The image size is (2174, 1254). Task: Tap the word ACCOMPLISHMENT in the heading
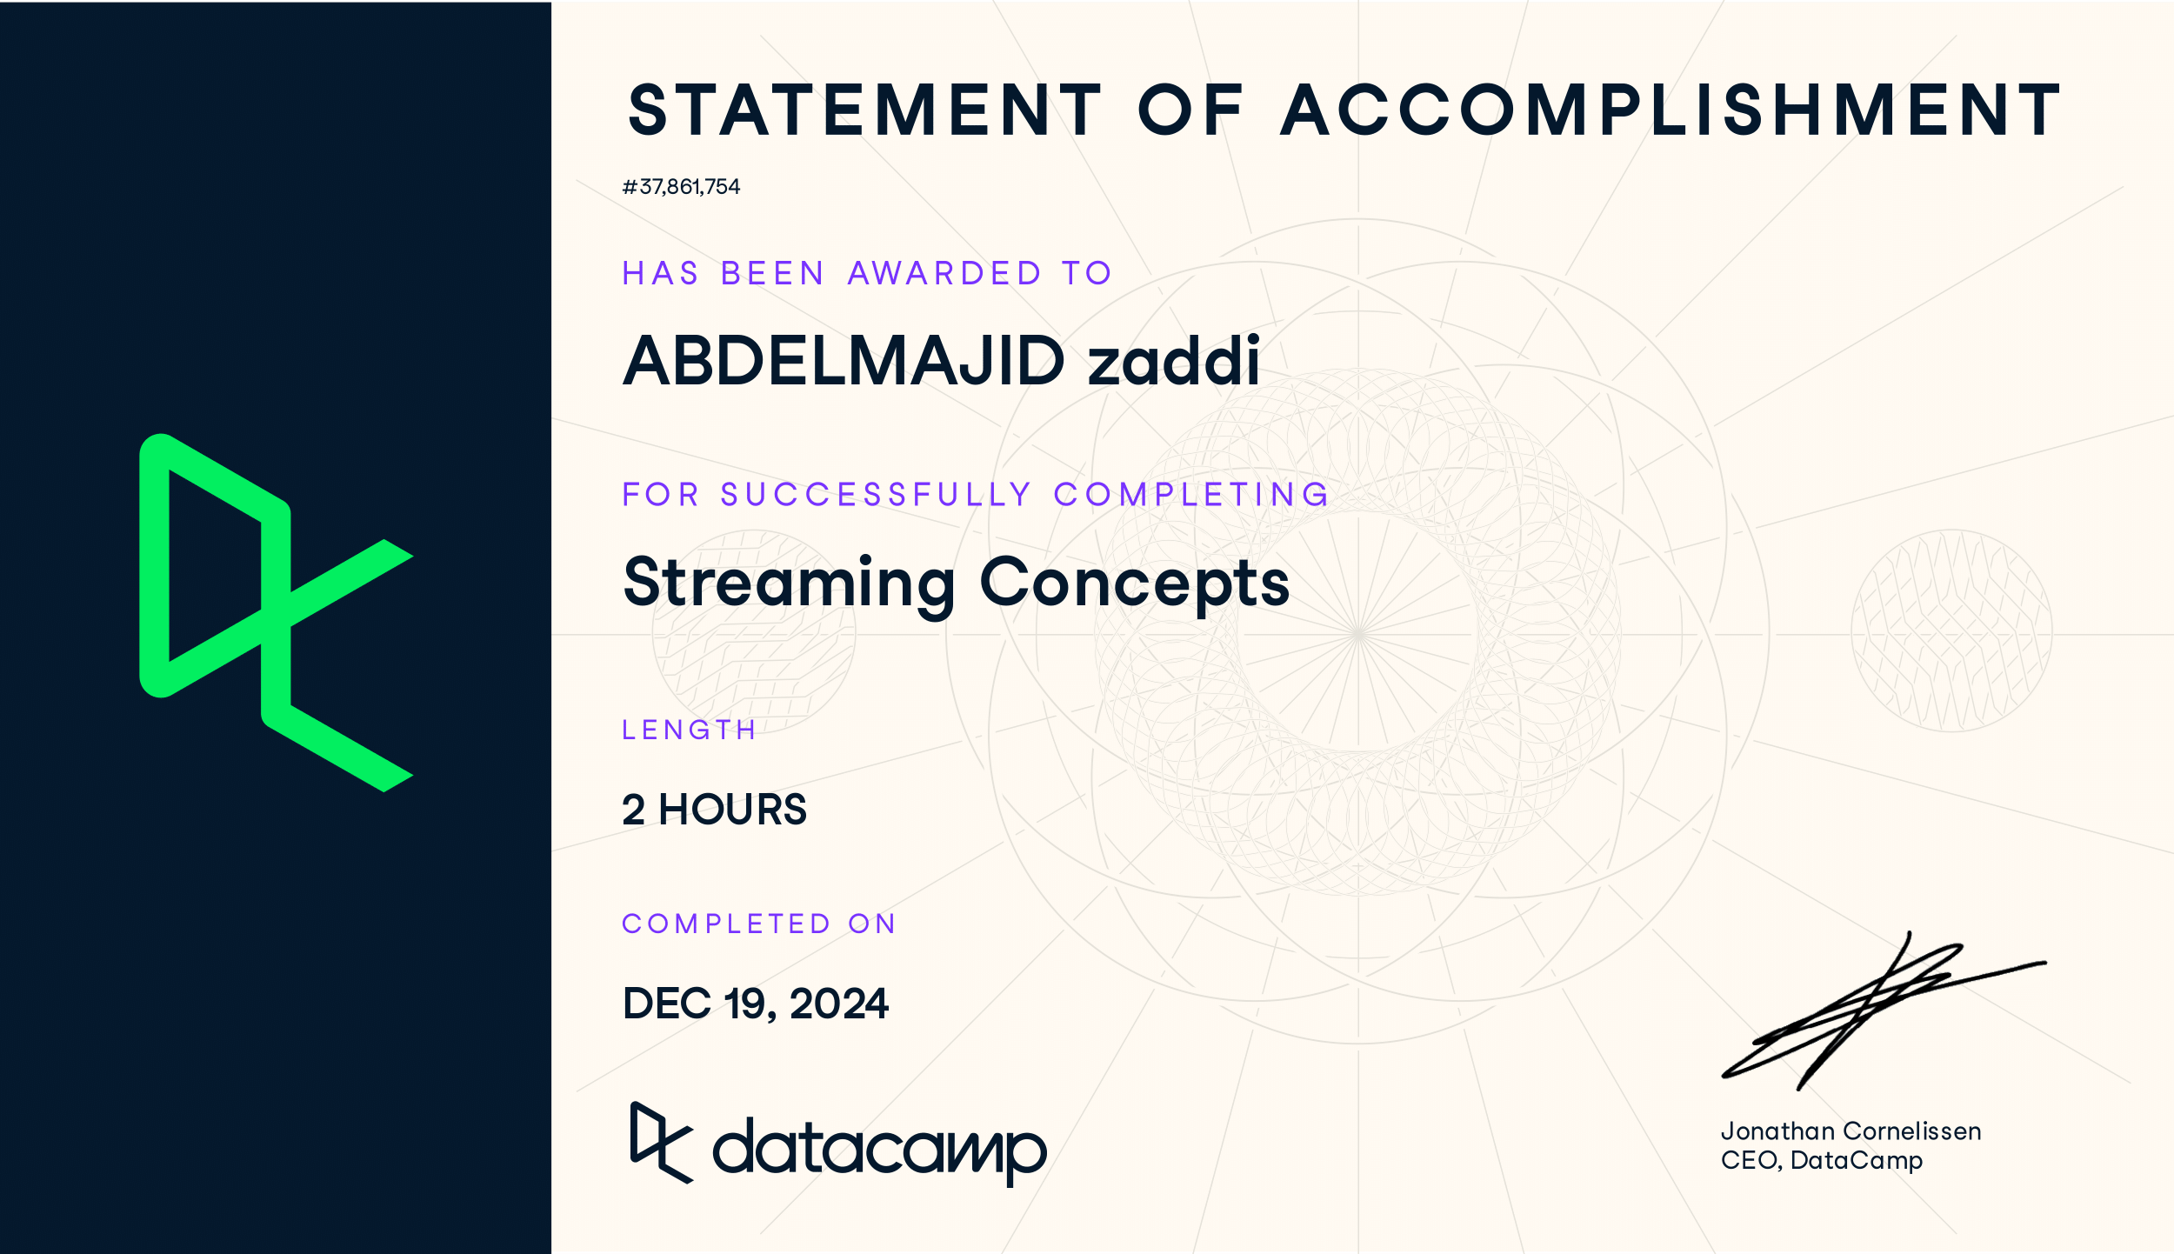pyautogui.click(x=1671, y=110)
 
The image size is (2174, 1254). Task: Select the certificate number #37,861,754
pyautogui.click(x=681, y=187)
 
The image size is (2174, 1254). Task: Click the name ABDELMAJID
pyautogui.click(x=844, y=360)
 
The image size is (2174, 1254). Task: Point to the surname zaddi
pyautogui.click(x=1173, y=360)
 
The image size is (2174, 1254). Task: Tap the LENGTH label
pyautogui.click(x=689, y=730)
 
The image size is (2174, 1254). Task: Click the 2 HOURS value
pyautogui.click(x=714, y=810)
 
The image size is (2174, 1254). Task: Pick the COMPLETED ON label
pyautogui.click(x=758, y=924)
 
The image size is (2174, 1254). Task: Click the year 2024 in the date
pyautogui.click(x=839, y=1004)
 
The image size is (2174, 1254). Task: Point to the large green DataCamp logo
pyautogui.click(x=277, y=612)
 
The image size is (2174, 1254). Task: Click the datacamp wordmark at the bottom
pyautogui.click(x=879, y=1150)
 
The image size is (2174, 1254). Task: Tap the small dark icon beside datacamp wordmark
pyautogui.click(x=661, y=1143)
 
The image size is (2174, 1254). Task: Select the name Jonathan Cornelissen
pyautogui.click(x=1851, y=1131)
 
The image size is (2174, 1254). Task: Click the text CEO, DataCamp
pyautogui.click(x=1822, y=1161)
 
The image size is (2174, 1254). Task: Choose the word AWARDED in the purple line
pyautogui.click(x=944, y=274)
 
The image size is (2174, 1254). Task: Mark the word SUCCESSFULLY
pyautogui.click(x=876, y=495)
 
